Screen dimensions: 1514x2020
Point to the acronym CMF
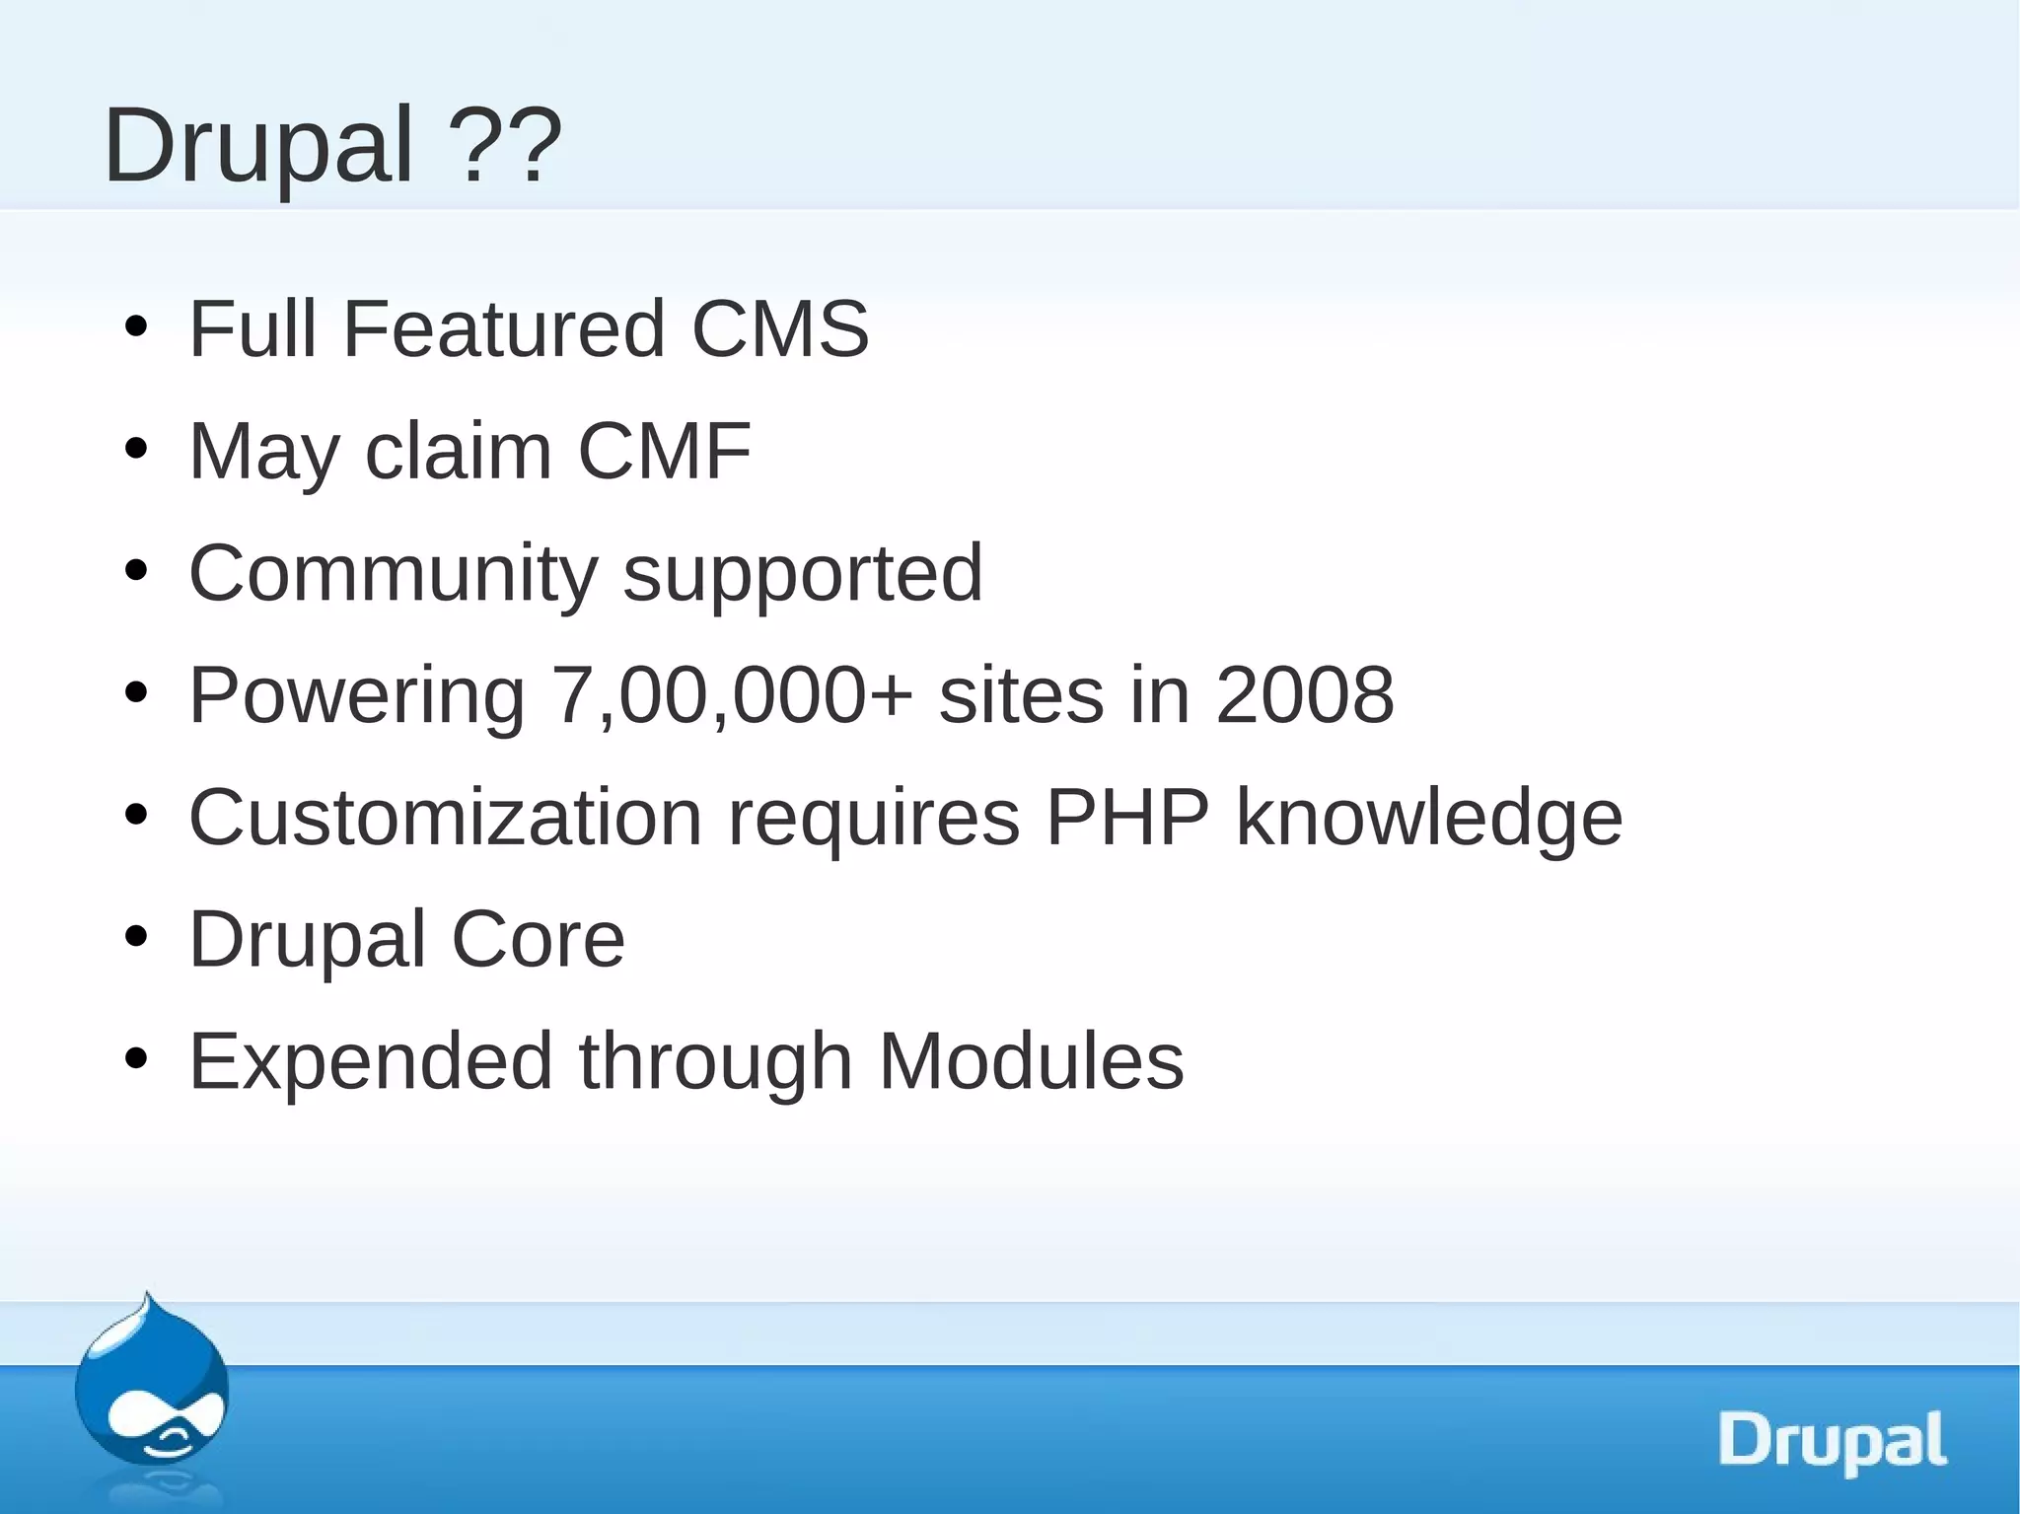(x=664, y=451)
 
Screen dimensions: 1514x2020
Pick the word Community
(x=393, y=574)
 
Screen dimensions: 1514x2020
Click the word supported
(x=803, y=574)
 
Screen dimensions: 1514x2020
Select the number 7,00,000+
(x=732, y=695)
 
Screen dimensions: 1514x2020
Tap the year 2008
(x=1304, y=695)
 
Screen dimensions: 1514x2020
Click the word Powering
(x=356, y=695)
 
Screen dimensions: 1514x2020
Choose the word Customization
(x=445, y=818)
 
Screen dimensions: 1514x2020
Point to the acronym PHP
(x=1126, y=818)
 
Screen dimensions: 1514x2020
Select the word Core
(x=538, y=940)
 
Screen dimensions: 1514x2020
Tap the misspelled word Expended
(x=371, y=1061)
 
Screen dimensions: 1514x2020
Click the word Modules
(x=1031, y=1061)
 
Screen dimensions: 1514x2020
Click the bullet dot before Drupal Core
(x=136, y=938)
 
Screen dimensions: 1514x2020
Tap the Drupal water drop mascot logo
(x=151, y=1393)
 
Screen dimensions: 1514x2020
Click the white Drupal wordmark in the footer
(x=1833, y=1441)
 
